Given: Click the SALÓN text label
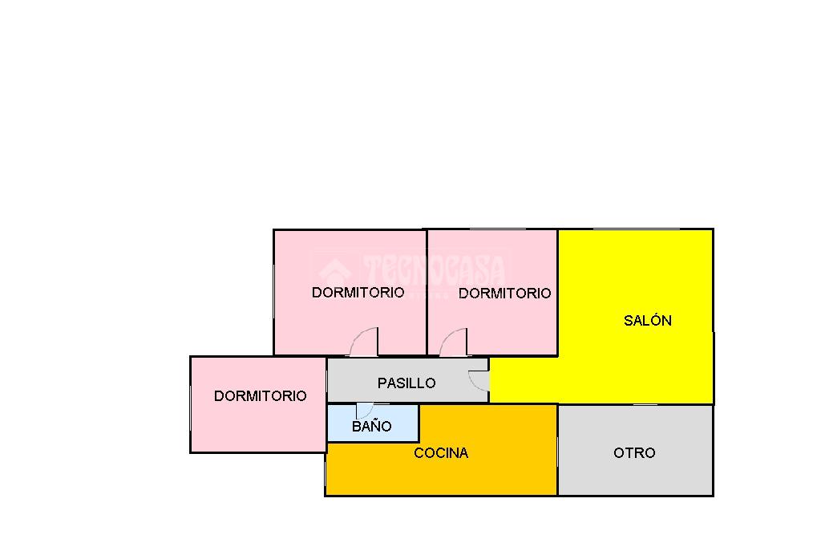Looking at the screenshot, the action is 647,321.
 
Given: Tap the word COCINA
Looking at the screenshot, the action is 441,453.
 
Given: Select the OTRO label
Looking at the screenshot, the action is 634,453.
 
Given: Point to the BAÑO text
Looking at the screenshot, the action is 372,427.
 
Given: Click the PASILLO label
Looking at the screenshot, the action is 406,383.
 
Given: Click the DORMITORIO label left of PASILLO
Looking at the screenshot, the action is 260,396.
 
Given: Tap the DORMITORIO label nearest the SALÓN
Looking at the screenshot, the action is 504,294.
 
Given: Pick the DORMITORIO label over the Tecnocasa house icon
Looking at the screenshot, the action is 358,293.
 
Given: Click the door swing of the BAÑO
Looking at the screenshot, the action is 364,411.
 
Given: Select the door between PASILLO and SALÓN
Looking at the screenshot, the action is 479,381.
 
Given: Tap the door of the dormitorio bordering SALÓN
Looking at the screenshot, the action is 454,342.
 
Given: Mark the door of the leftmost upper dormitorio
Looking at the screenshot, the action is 365,342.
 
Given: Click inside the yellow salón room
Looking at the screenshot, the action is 641,361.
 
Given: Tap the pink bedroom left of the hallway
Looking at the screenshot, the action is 257,425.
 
